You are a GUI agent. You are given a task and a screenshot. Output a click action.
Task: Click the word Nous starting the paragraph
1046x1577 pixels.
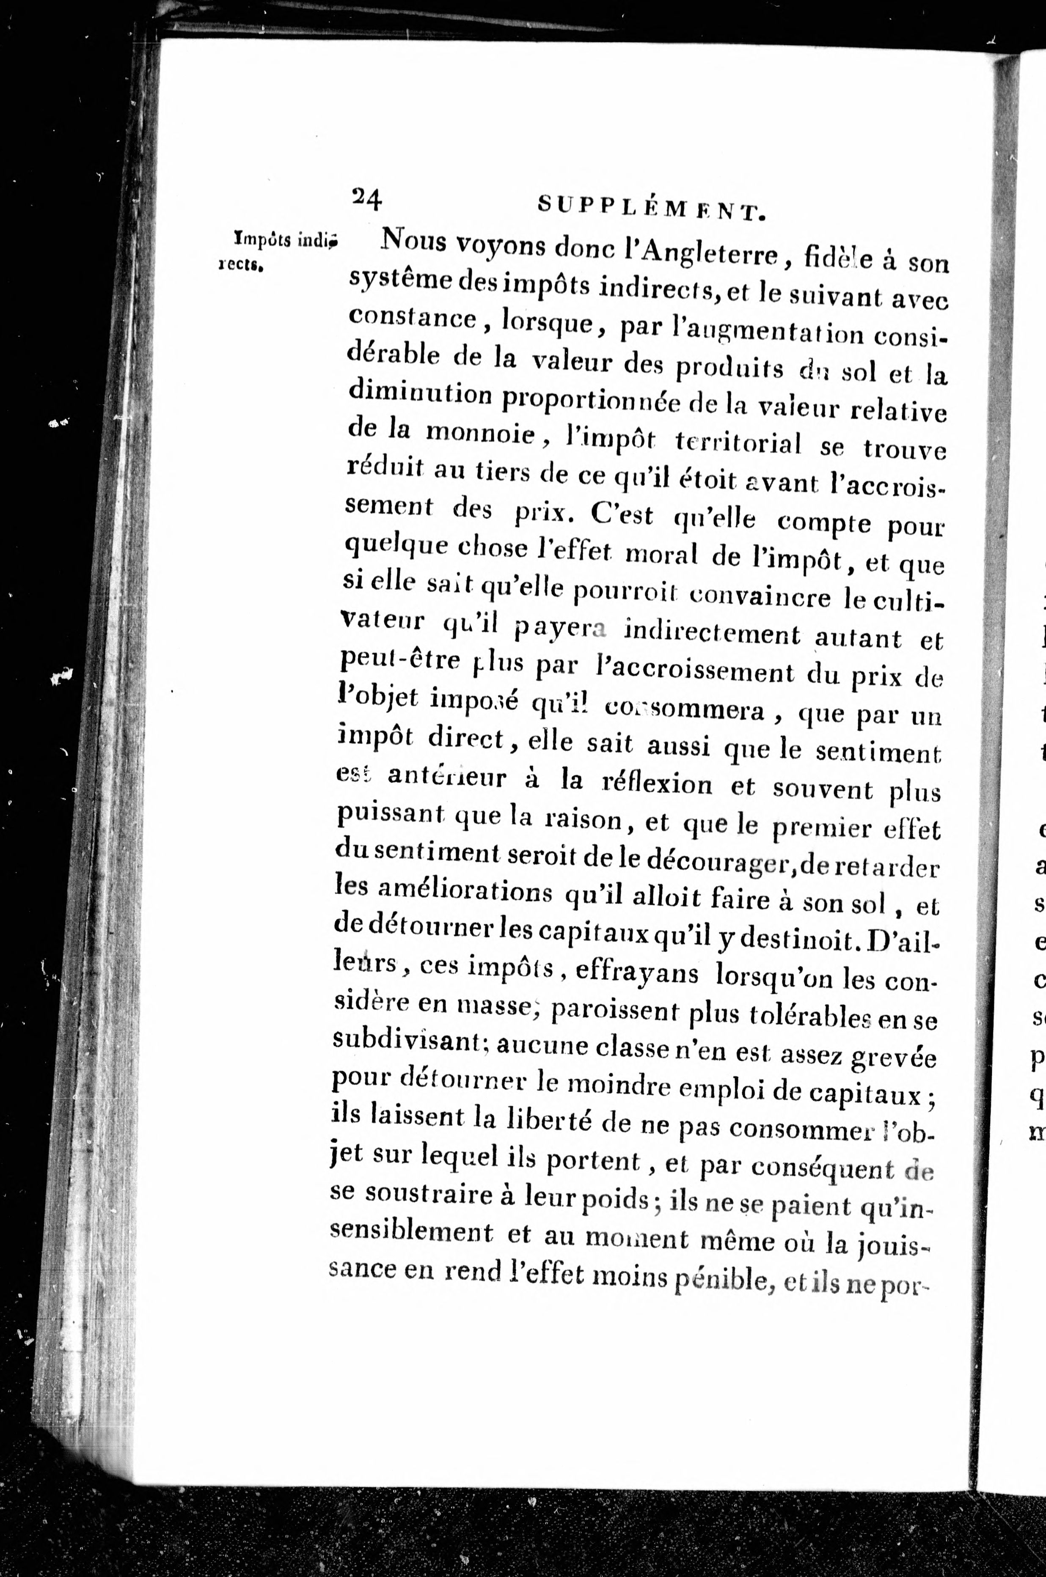pyautogui.click(x=413, y=239)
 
